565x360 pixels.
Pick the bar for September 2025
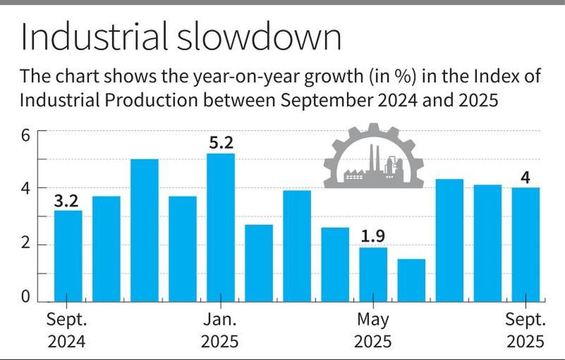(x=525, y=244)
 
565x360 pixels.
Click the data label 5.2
(x=220, y=143)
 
